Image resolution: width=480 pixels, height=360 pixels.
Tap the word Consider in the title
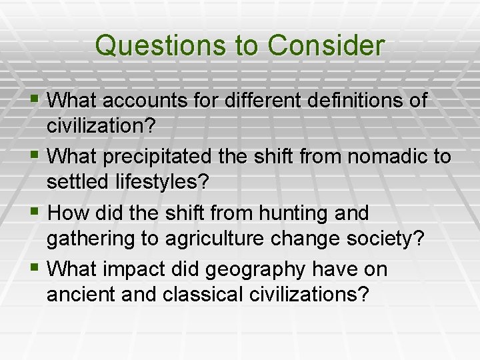coord(326,46)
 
